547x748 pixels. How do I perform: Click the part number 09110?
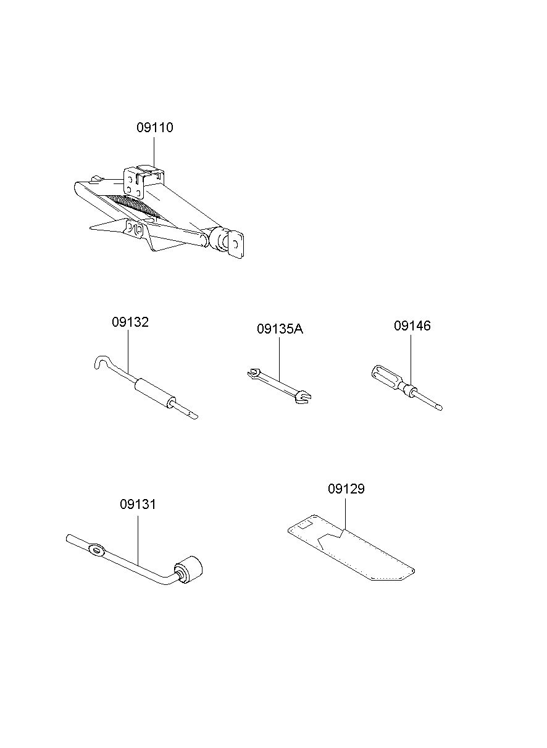coord(155,128)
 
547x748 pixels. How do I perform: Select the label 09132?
coord(130,322)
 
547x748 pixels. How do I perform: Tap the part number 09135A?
coord(280,329)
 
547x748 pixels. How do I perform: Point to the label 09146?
coord(412,326)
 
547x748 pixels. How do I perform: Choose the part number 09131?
coord(138,504)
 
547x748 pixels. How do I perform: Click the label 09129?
coord(346,489)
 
